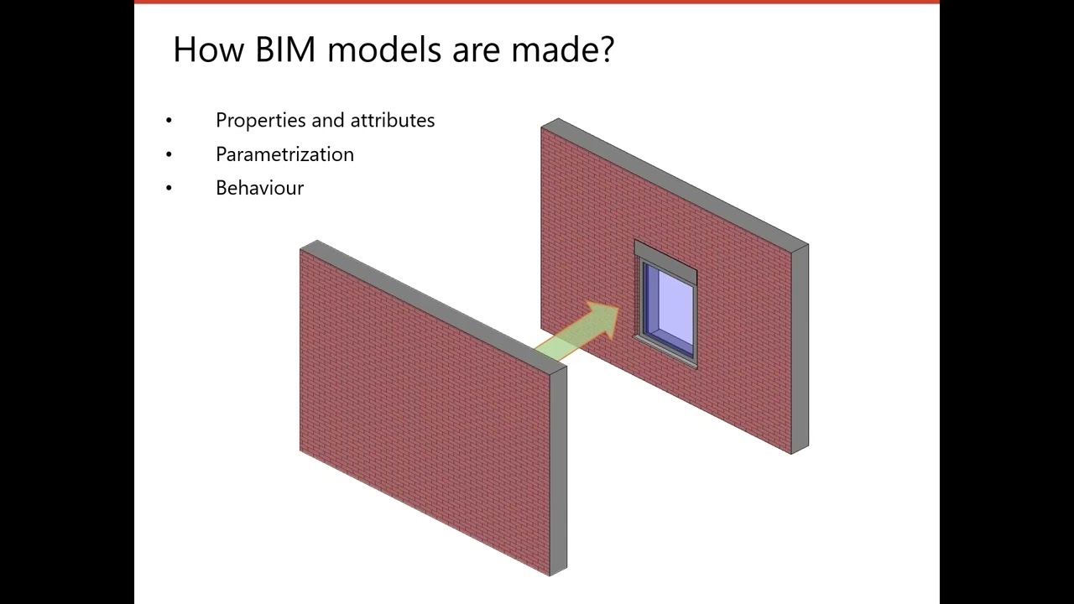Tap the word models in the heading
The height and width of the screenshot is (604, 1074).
click(x=383, y=50)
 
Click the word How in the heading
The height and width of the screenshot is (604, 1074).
click(x=204, y=50)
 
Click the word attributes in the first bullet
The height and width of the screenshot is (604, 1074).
click(x=392, y=121)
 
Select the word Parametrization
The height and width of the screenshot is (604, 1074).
click(x=284, y=154)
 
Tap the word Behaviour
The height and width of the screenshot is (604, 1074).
click(x=259, y=188)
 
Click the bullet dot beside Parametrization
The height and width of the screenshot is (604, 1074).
click(x=169, y=154)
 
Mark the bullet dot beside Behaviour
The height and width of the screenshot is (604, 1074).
click(x=169, y=188)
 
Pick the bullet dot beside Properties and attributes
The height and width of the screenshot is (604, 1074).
click(x=169, y=121)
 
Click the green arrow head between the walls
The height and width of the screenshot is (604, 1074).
click(x=601, y=320)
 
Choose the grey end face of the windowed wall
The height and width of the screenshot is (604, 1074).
click(x=800, y=348)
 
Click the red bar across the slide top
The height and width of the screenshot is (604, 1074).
click(x=537, y=2)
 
